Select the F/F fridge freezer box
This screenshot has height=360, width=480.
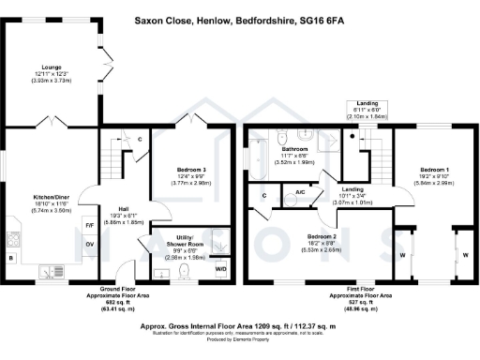click(x=90, y=226)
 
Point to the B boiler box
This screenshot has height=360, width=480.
click(x=11, y=256)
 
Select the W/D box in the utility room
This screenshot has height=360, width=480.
click(x=221, y=269)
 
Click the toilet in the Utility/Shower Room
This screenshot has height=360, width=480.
click(x=184, y=272)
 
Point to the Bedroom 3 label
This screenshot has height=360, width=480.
click(x=190, y=170)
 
